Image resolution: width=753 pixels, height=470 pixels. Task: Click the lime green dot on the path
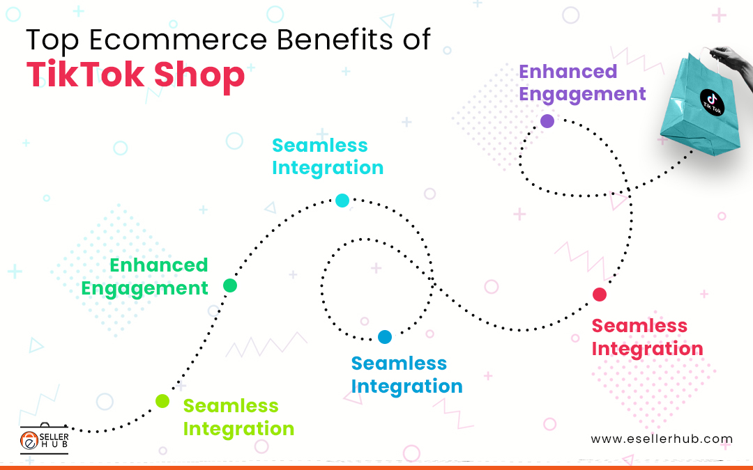point(162,400)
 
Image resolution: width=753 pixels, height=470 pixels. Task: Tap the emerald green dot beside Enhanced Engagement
point(230,285)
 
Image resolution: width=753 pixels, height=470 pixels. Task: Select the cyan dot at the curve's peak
point(342,201)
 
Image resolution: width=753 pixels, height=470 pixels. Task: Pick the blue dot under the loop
point(385,337)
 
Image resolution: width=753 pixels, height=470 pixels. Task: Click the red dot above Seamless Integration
point(600,295)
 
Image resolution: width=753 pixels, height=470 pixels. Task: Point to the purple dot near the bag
point(547,121)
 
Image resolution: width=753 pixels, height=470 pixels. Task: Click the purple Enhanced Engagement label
point(582,83)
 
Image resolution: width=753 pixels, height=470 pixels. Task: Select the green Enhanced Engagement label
point(145,276)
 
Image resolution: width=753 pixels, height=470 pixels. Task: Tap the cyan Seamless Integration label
point(327,157)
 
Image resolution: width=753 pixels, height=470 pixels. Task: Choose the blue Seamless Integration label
point(406,375)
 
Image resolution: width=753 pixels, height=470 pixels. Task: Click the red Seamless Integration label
point(647,337)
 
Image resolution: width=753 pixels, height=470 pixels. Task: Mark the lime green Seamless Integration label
point(238,417)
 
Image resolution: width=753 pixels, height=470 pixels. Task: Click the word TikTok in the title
point(82,75)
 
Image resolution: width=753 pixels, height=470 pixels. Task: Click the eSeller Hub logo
point(43,438)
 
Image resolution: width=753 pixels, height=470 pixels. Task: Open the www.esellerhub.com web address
point(661,439)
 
